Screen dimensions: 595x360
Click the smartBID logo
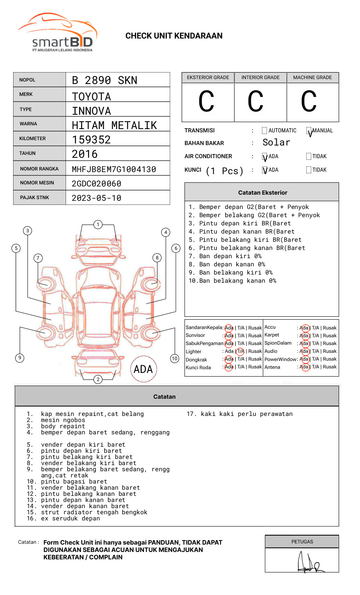[58, 33]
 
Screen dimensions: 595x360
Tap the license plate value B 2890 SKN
[105, 80]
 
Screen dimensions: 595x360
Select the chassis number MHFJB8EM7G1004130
[114, 169]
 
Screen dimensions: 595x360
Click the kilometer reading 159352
[91, 140]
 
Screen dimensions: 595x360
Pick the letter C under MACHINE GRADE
[309, 102]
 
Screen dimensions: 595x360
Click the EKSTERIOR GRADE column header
[208, 77]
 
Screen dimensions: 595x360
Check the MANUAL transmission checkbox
[309, 131]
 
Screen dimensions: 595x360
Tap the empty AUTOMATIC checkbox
[264, 131]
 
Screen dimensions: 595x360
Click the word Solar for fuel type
[276, 143]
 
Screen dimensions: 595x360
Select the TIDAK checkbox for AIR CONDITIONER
[309, 157]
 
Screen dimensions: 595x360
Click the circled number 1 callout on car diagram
[98, 225]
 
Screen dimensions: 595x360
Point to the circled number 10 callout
[175, 359]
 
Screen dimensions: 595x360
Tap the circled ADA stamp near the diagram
[144, 369]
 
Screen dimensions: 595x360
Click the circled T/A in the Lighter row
[240, 352]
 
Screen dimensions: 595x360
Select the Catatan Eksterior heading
[262, 193]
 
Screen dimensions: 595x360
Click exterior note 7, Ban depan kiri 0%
[225, 256]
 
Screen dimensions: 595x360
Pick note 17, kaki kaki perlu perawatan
[240, 414]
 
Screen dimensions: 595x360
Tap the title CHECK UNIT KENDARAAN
[174, 36]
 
